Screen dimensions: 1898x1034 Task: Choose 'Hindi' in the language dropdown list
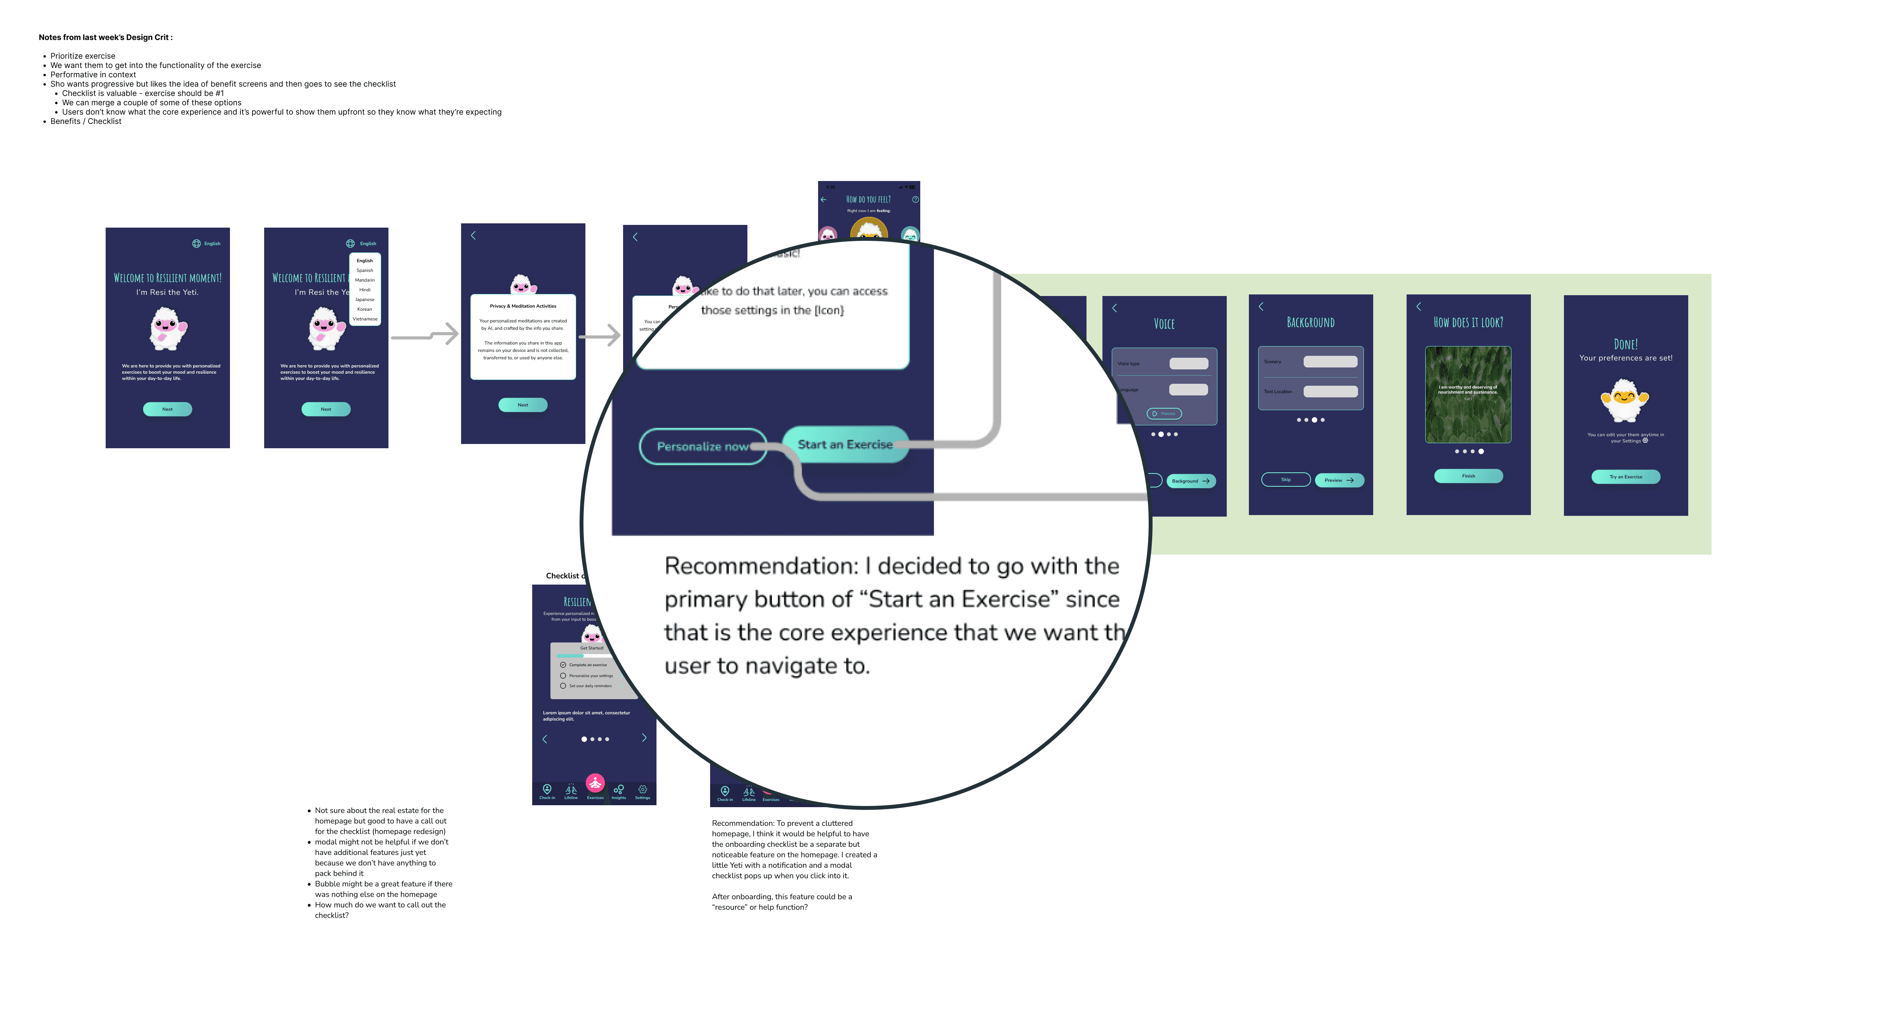pos(365,290)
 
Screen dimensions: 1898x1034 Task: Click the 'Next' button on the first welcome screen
pos(167,409)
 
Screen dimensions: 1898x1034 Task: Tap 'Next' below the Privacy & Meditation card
pos(522,405)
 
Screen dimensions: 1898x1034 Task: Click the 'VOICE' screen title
pos(1164,324)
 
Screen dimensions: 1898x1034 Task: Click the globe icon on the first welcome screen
pos(196,243)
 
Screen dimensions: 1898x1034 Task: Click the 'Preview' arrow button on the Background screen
pos(1339,480)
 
